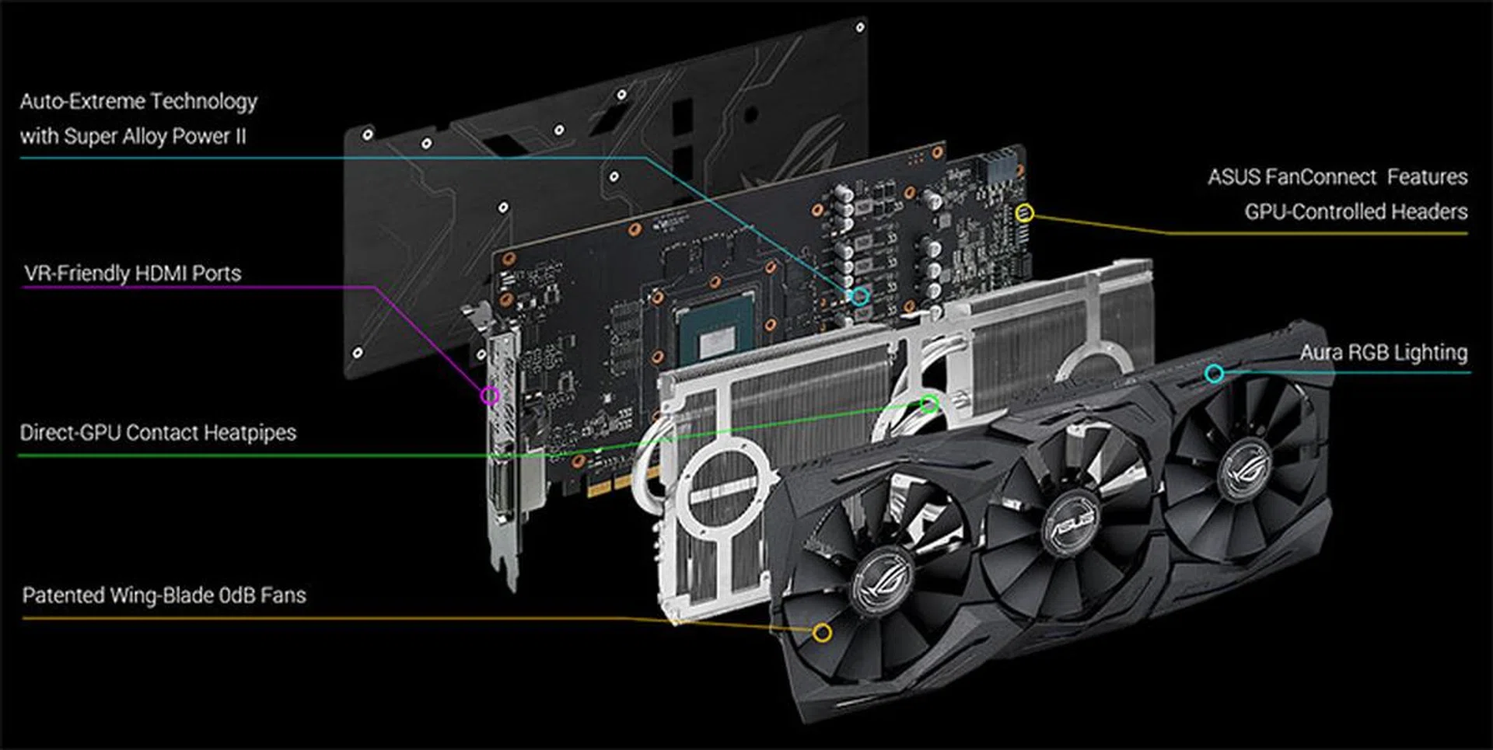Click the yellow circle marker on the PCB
(1025, 212)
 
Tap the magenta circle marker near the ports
(489, 396)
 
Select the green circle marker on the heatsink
(928, 403)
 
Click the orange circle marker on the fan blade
(821, 633)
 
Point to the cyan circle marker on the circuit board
(859, 296)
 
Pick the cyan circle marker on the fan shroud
(1214, 374)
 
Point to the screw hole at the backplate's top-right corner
(860, 28)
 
